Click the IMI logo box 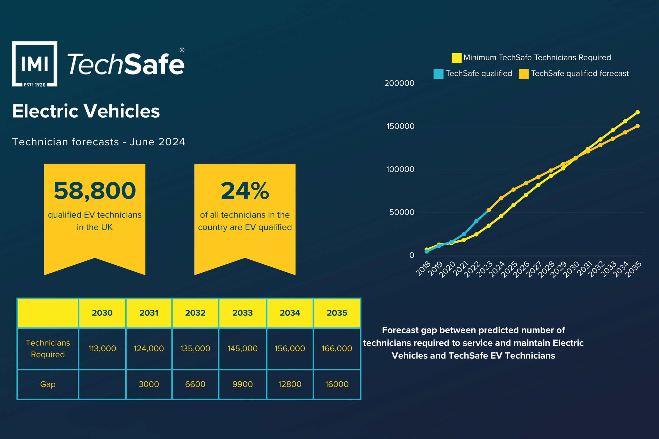tap(35, 64)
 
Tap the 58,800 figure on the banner tap(95, 191)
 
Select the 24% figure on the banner tap(245, 191)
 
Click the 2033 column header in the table tap(243, 313)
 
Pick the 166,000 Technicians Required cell tap(337, 348)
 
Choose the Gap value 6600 tap(195, 384)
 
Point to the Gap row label tap(48, 384)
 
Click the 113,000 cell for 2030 tap(102, 348)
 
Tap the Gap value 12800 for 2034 tap(290, 384)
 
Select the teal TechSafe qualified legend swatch tap(438, 74)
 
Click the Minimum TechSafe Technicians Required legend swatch tap(456, 58)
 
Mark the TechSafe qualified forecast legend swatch tap(523, 74)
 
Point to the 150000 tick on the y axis tap(400, 126)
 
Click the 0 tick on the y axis tap(412, 255)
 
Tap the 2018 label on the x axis tap(423, 268)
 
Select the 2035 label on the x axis tap(634, 269)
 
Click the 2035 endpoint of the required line tap(637, 112)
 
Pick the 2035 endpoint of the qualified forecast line tap(637, 126)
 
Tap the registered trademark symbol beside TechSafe tap(182, 50)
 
